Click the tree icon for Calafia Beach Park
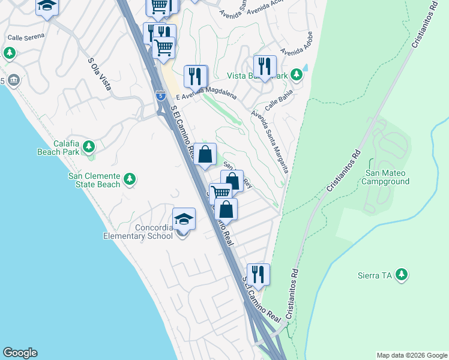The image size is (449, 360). (x=89, y=146)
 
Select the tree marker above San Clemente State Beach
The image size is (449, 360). (x=129, y=179)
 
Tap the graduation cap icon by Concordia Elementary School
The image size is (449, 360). (x=184, y=220)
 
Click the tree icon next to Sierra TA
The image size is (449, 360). (x=402, y=275)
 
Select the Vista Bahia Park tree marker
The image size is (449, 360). (x=296, y=75)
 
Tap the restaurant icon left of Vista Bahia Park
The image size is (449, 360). (x=264, y=66)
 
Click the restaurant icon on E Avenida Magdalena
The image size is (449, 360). (x=196, y=76)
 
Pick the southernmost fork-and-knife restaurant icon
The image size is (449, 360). (x=258, y=275)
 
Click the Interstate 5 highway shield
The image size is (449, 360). (x=160, y=95)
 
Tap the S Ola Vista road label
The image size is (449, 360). (x=100, y=74)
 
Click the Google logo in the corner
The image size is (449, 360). (x=20, y=353)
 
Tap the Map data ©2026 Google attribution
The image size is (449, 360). (x=411, y=355)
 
